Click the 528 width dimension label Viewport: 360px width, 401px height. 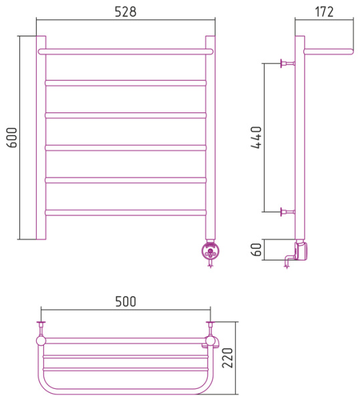point(126,12)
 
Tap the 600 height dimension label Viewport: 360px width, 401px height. point(12,138)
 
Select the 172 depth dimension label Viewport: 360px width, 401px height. point(324,12)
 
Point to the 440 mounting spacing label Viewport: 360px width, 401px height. point(256,137)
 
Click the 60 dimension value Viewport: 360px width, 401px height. point(256,249)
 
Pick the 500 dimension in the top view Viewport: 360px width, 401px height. point(126,301)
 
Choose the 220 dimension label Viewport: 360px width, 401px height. point(227,358)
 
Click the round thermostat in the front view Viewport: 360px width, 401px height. point(211,251)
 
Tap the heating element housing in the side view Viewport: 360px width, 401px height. point(301,251)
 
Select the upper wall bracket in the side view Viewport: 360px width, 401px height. point(288,63)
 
